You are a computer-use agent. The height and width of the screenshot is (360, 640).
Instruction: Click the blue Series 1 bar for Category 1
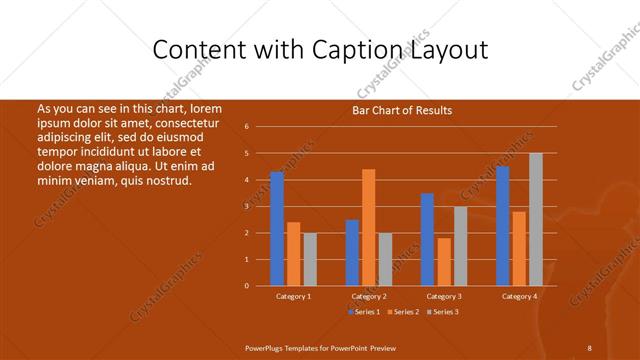click(x=277, y=229)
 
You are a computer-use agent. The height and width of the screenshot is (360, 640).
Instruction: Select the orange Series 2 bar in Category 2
click(x=368, y=227)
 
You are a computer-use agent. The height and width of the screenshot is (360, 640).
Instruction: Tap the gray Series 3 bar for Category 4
click(x=535, y=219)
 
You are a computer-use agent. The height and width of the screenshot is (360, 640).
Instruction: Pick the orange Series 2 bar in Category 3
click(x=444, y=262)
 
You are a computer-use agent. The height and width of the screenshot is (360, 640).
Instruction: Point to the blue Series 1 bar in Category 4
click(x=502, y=226)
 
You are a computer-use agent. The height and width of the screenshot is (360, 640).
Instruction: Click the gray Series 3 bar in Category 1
click(x=310, y=259)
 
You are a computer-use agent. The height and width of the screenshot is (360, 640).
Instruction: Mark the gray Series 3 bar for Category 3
click(x=460, y=246)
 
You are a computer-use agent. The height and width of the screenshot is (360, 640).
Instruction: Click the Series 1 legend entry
click(x=364, y=313)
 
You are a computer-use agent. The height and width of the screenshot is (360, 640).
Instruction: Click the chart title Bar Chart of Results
click(x=401, y=110)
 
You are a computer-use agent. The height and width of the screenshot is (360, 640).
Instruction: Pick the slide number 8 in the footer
click(x=589, y=346)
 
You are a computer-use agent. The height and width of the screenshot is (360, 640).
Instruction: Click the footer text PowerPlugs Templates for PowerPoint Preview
click(x=320, y=346)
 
